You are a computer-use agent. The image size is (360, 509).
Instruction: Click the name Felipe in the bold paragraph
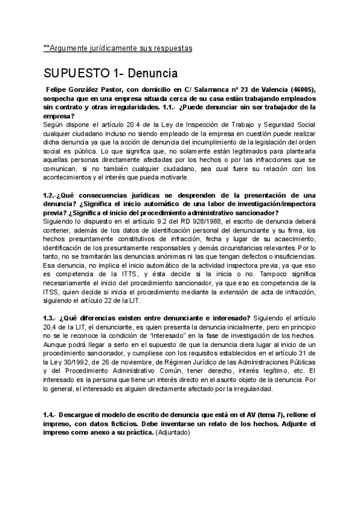coord(58,90)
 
